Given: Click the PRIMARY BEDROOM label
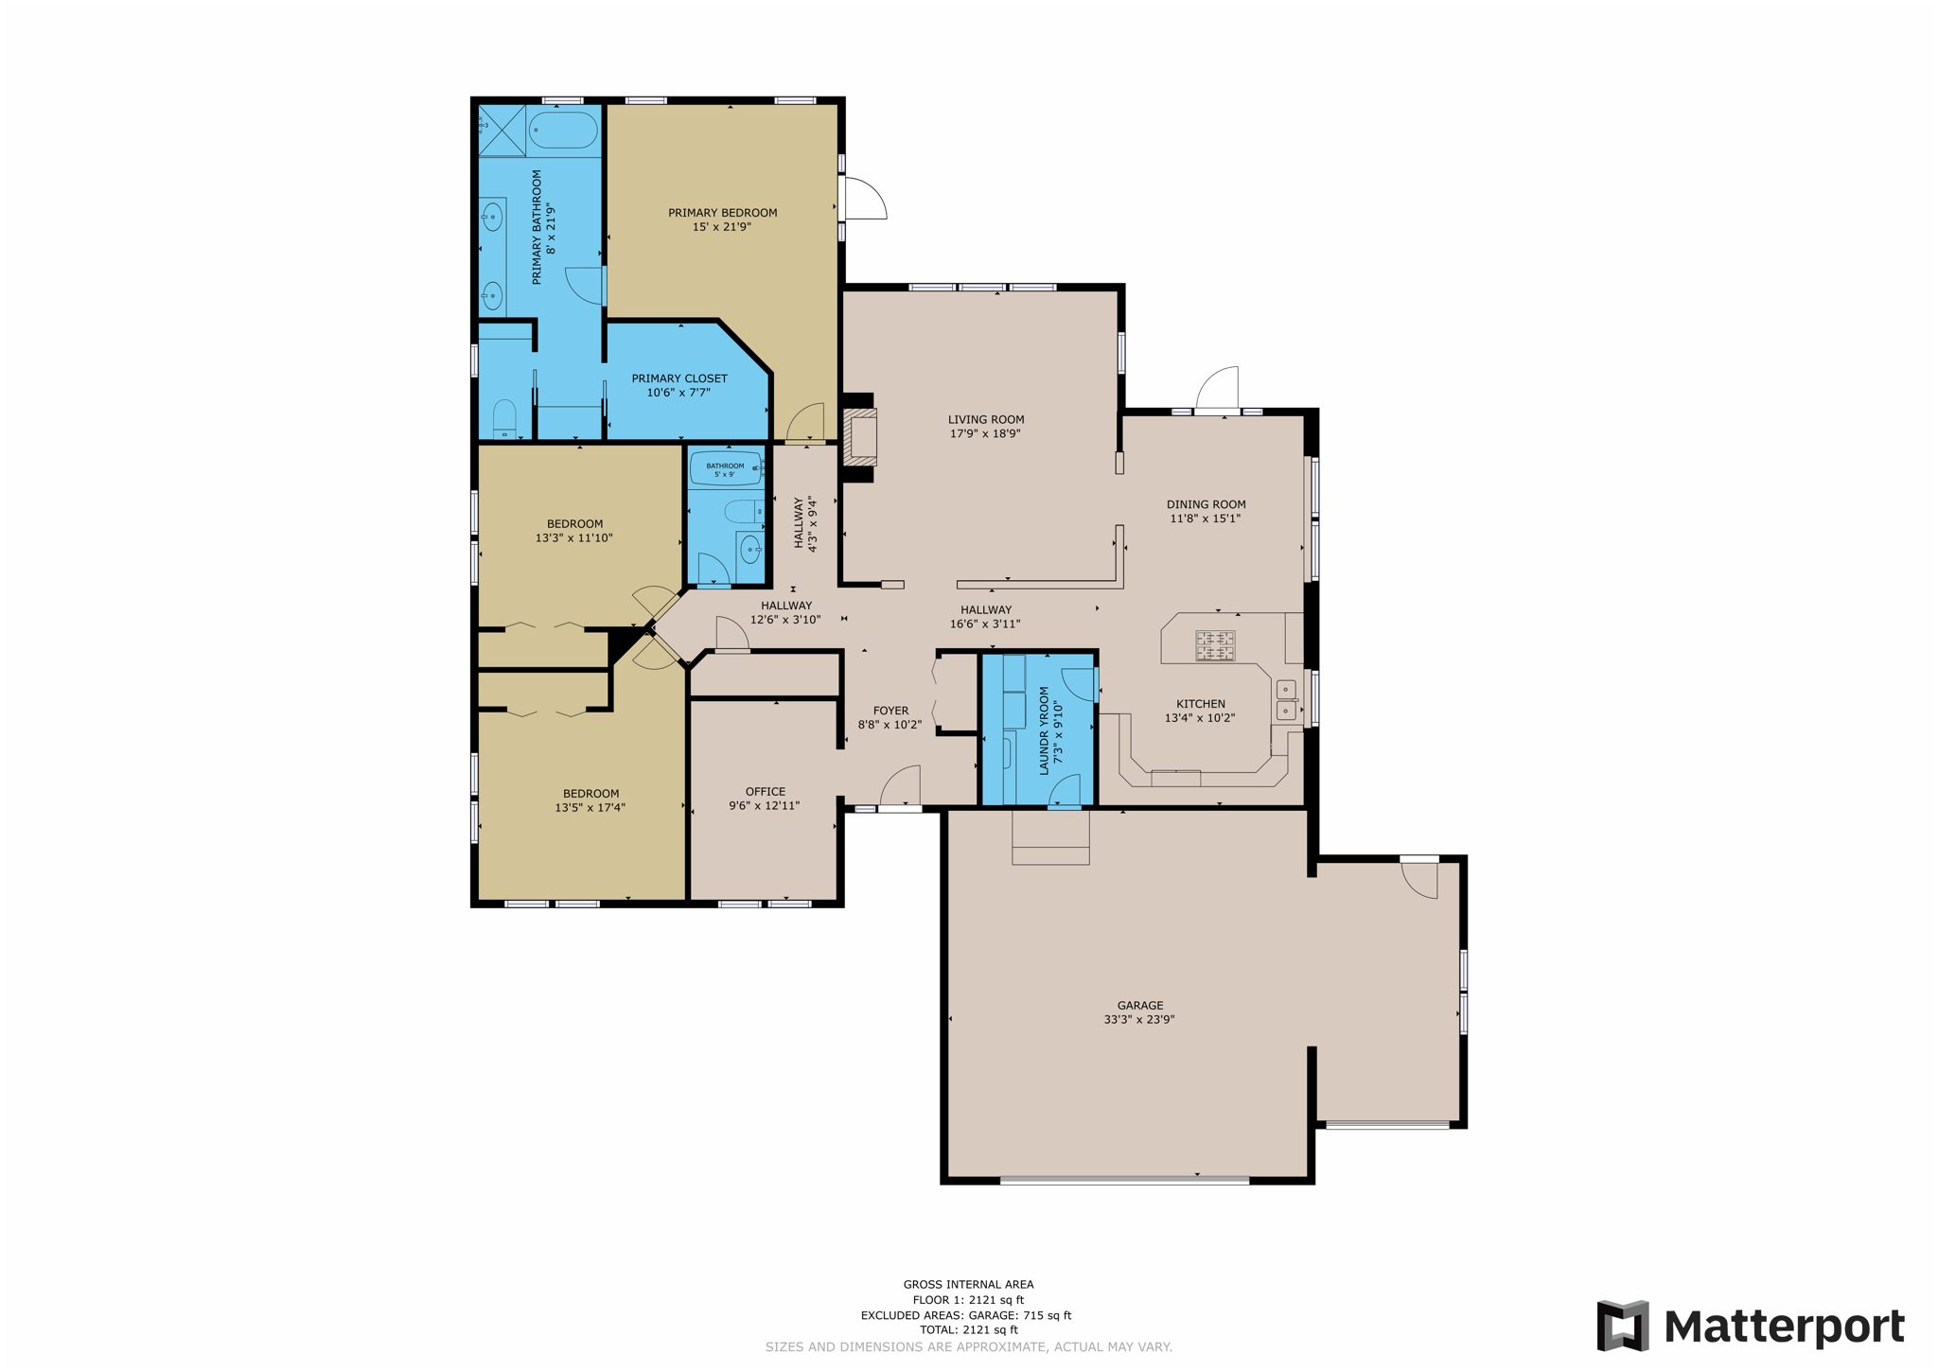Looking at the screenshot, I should pos(722,213).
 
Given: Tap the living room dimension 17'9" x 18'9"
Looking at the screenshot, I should pos(985,434).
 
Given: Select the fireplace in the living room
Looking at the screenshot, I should pos(861,436).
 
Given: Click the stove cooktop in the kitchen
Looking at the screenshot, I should pos(1215,645).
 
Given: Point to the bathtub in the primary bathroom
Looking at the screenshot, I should pos(563,131).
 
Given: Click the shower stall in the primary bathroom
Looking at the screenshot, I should pos(502,131).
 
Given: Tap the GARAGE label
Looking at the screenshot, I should pos(1139,1006).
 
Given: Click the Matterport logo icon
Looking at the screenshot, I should pos(1622,1326).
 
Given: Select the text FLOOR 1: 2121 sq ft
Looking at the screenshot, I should pos(967,1300).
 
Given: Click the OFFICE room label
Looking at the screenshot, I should pos(765,792).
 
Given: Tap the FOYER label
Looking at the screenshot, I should pos(890,711).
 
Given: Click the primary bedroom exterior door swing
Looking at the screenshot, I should pos(864,199).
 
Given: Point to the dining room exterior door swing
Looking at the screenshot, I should pos(1218,388).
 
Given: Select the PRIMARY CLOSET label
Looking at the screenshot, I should pos(679,378).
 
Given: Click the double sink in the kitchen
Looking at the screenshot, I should pos(1286,700).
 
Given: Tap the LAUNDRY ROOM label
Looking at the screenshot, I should pos(1045,731).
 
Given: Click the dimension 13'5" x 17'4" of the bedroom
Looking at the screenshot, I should pos(590,808).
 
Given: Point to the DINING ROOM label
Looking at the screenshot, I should pos(1206,504).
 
